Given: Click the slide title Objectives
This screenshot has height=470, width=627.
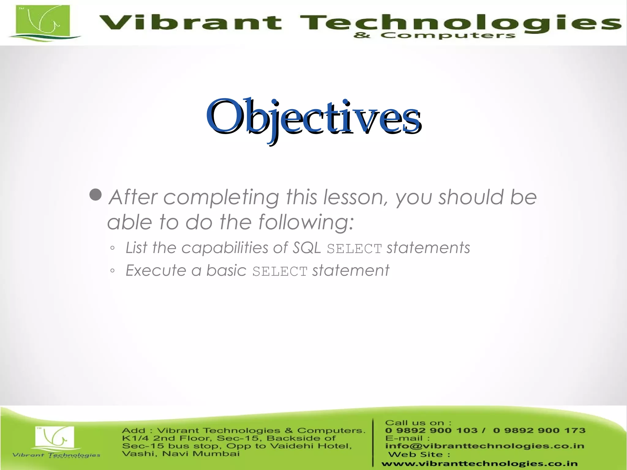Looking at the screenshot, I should [313, 118].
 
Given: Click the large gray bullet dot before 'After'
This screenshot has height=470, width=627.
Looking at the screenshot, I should [96, 195].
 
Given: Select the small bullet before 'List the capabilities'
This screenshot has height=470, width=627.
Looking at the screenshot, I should [112, 248].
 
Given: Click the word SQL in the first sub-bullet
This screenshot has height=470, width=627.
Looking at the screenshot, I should [307, 248].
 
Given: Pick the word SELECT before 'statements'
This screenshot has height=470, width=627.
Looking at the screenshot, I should [354, 249].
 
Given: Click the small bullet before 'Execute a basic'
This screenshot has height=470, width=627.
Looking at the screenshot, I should [112, 270].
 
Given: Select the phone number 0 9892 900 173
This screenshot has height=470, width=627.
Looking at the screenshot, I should [539, 431].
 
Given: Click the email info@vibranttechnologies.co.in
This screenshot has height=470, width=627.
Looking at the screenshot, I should [485, 446].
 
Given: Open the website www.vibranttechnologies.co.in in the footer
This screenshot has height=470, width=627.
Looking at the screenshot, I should [479, 464].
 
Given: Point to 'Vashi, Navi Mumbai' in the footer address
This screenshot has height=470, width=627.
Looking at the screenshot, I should [181, 453].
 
